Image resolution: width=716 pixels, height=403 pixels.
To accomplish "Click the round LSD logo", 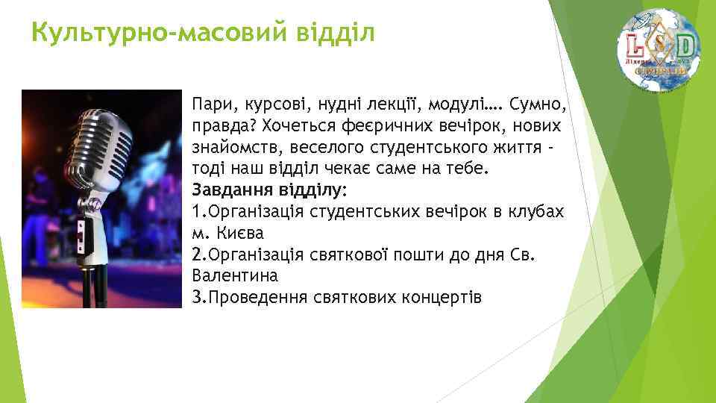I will [x=658, y=50].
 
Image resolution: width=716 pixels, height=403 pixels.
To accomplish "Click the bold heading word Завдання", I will [x=227, y=188].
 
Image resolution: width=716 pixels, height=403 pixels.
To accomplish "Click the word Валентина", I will [x=234, y=275].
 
